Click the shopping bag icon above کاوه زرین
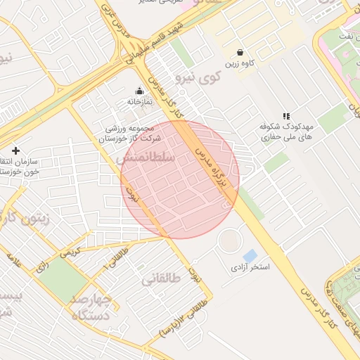(x=240, y=52)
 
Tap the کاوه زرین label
(x=239, y=64)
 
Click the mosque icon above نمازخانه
(x=139, y=91)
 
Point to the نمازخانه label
(x=139, y=102)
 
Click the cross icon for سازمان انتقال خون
(x=15, y=150)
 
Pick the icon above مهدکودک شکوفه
(x=285, y=115)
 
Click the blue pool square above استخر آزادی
(x=250, y=255)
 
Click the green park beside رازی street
(x=62, y=281)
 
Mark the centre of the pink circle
(x=180, y=179)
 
